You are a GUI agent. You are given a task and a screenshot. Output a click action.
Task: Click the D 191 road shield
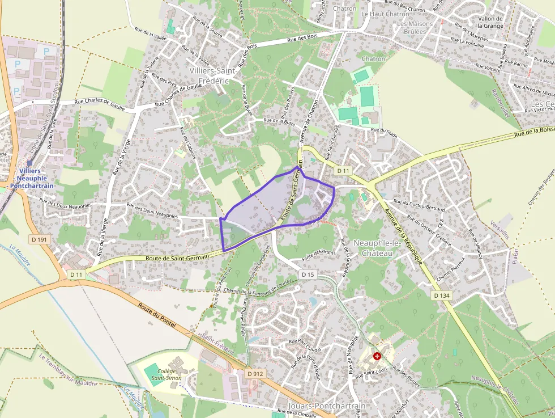point(40,239)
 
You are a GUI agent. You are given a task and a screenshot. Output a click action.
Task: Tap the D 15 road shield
point(308,275)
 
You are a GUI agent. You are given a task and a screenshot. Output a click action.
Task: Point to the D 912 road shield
point(255,374)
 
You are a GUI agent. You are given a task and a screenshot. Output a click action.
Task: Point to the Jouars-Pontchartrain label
point(327,406)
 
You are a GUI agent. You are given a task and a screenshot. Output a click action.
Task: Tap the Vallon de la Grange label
point(490,22)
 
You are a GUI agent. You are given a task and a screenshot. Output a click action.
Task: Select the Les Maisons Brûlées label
point(415,27)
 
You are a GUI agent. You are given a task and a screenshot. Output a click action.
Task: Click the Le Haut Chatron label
point(385,14)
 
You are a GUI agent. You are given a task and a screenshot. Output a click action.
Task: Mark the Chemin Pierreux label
point(456,269)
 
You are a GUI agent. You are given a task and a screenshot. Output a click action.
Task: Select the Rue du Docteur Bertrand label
point(419,205)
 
